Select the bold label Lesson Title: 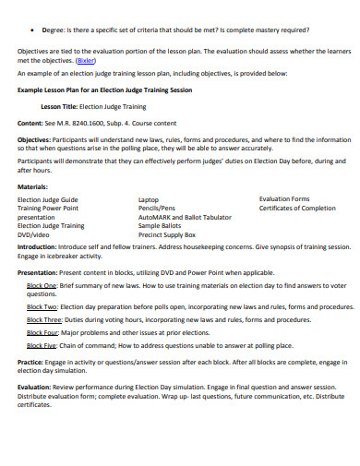[57, 107]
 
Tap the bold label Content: [30, 122]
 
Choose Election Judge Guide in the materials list [48, 199]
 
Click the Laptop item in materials [149, 199]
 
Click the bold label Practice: [33, 362]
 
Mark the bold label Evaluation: [37, 387]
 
